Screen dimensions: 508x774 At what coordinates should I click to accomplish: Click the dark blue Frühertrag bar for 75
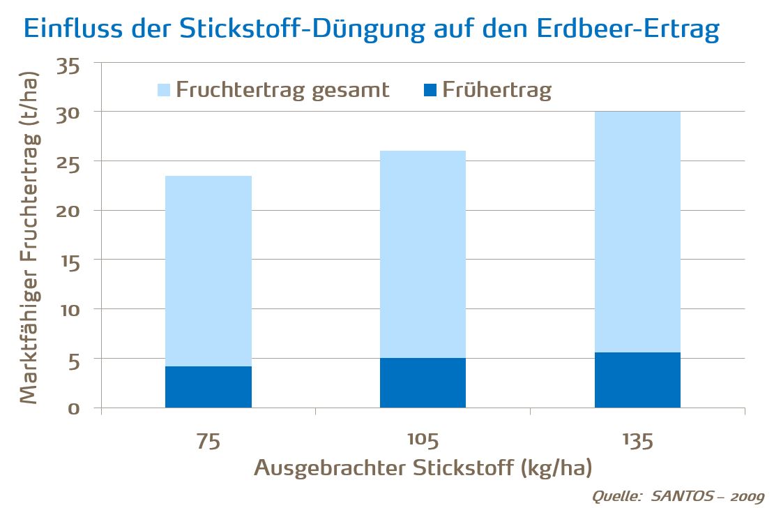(x=208, y=387)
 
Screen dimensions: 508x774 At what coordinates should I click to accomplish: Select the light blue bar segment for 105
(x=423, y=254)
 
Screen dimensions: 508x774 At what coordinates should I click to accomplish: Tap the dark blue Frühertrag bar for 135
(x=637, y=380)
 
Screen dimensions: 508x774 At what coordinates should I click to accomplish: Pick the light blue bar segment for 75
(x=208, y=271)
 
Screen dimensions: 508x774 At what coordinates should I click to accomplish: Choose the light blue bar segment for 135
(x=637, y=232)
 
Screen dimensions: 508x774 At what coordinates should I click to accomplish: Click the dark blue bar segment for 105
(x=423, y=382)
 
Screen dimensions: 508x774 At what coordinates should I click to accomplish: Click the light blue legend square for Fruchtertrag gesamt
(x=164, y=90)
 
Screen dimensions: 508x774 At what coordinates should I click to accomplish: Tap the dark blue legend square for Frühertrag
(x=430, y=90)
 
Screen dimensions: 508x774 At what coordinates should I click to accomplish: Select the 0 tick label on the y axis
(x=73, y=408)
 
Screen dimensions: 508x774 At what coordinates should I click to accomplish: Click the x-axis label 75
(x=208, y=441)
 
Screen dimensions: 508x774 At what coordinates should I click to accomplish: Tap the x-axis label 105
(x=423, y=441)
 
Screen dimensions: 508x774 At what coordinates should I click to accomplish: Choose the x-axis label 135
(x=637, y=441)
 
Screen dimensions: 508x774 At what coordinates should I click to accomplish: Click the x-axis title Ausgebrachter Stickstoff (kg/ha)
(x=426, y=467)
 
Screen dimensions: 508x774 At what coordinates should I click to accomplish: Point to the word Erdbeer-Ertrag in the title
(x=619, y=29)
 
